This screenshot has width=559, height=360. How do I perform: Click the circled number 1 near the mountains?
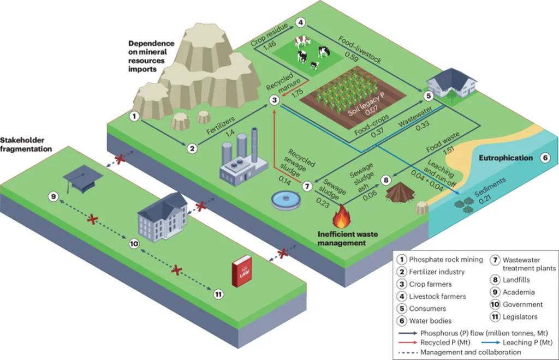(x=134, y=116)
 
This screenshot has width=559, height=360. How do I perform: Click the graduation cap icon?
(x=79, y=178)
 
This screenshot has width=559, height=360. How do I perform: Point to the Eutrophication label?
(x=505, y=158)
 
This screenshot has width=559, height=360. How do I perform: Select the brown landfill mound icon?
(x=400, y=192)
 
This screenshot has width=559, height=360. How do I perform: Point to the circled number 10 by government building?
(x=134, y=244)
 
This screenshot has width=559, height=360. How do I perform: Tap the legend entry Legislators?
(x=519, y=316)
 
